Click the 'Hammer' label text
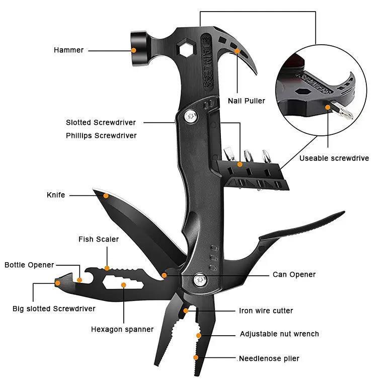tap(68, 50)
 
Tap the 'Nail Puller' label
tap(246, 101)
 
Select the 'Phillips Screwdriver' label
tap(101, 135)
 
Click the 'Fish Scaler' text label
tap(99, 239)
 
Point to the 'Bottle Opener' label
tap(29, 265)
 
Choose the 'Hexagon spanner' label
tap(122, 329)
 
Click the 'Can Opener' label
tap(294, 274)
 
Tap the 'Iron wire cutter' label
tap(266, 310)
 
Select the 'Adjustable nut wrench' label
tap(279, 334)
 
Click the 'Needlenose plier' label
tap(269, 358)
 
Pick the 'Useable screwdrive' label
tap(334, 158)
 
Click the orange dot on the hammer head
tap(134, 50)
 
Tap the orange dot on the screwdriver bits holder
tap(240, 164)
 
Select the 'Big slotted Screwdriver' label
tap(54, 308)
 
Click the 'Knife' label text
tap(56, 195)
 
